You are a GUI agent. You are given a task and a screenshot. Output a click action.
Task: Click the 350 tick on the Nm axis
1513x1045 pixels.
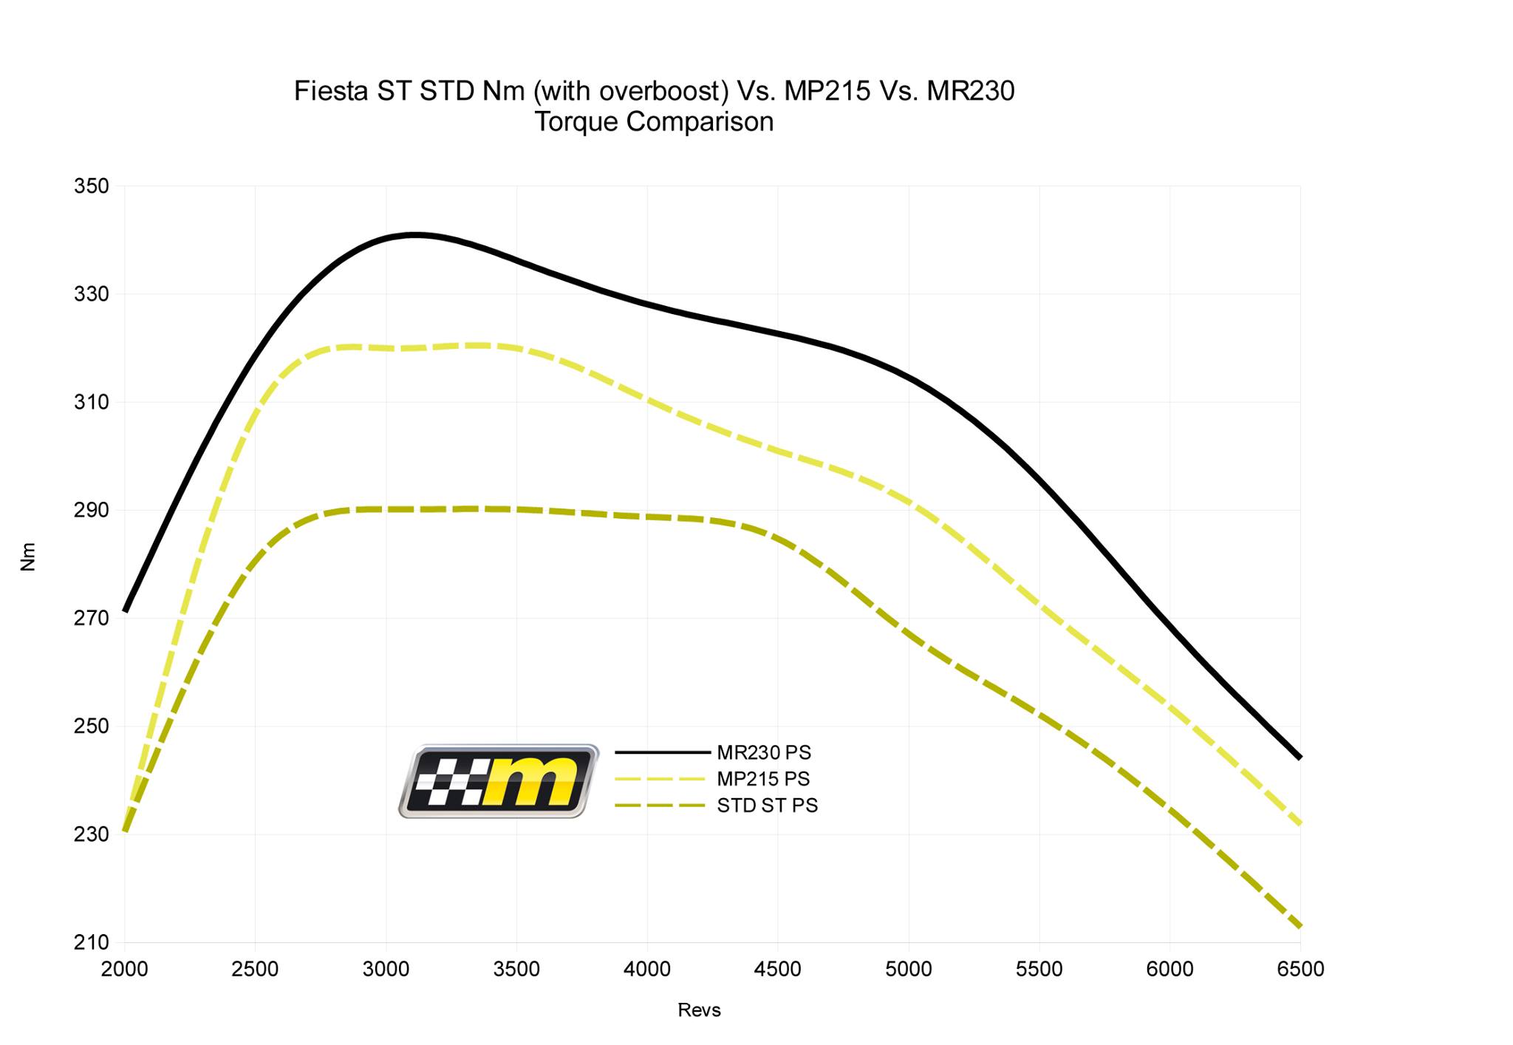(x=91, y=186)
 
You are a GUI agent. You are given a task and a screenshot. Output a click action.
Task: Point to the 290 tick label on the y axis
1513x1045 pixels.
(x=91, y=511)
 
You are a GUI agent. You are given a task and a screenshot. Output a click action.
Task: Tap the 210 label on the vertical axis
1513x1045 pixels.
(x=91, y=942)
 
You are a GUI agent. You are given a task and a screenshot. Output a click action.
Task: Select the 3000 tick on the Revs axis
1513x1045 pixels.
(x=386, y=969)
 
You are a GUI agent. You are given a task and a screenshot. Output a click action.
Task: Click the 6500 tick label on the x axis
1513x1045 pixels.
(x=1300, y=969)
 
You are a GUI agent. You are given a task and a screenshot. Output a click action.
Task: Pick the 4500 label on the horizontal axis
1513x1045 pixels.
(x=777, y=969)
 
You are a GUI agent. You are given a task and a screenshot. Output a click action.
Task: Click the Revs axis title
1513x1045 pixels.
(x=699, y=1010)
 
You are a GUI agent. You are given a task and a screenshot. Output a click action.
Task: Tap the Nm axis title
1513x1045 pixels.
(x=28, y=556)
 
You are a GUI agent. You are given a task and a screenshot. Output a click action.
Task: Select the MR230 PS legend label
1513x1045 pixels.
(x=764, y=752)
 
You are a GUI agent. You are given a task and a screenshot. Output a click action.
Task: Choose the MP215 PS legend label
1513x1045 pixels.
(x=763, y=779)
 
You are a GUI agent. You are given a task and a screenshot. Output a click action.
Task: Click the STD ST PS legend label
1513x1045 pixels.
(x=768, y=806)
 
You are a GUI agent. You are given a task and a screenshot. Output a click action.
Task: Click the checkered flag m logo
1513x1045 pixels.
(x=499, y=781)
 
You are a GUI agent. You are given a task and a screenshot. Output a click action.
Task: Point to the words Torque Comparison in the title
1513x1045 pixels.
(x=654, y=122)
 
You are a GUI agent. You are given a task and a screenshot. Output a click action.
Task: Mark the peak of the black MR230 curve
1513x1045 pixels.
(x=414, y=235)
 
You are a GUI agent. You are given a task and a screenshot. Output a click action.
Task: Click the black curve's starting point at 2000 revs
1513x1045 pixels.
(x=126, y=611)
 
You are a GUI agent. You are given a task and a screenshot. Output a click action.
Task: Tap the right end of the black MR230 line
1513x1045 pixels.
(x=1299, y=758)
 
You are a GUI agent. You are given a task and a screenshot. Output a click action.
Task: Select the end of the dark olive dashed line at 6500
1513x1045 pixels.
(x=1299, y=926)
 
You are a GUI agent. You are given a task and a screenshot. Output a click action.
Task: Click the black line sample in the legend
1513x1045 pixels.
(x=662, y=752)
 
